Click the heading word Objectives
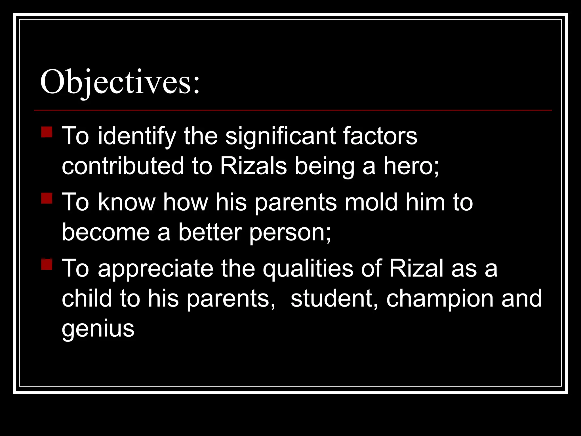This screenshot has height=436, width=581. pos(120,83)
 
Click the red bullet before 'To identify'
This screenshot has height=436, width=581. pos(47,132)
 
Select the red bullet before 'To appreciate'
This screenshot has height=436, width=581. pos(47,264)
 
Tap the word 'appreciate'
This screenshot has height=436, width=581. pos(156,269)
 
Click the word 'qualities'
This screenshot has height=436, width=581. pos(308,269)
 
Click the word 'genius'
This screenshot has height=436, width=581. pos(98,329)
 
